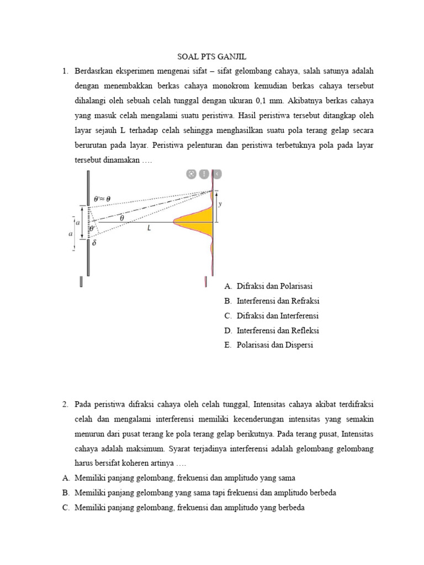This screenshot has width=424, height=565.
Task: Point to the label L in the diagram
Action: [149, 227]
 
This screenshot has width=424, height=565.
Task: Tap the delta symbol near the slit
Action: [94, 242]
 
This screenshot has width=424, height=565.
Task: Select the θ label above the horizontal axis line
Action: [121, 218]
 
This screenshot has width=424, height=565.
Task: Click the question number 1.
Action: [65, 71]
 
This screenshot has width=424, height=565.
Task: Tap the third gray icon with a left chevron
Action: [216, 174]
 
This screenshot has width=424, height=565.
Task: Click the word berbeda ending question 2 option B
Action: [321, 493]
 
